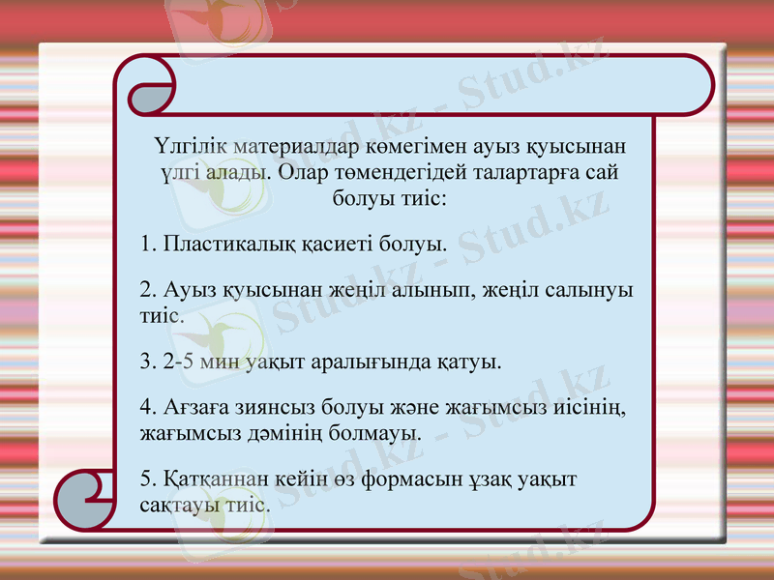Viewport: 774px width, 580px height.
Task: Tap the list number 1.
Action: [x=147, y=243]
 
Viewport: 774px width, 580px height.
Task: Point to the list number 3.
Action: [x=147, y=362]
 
